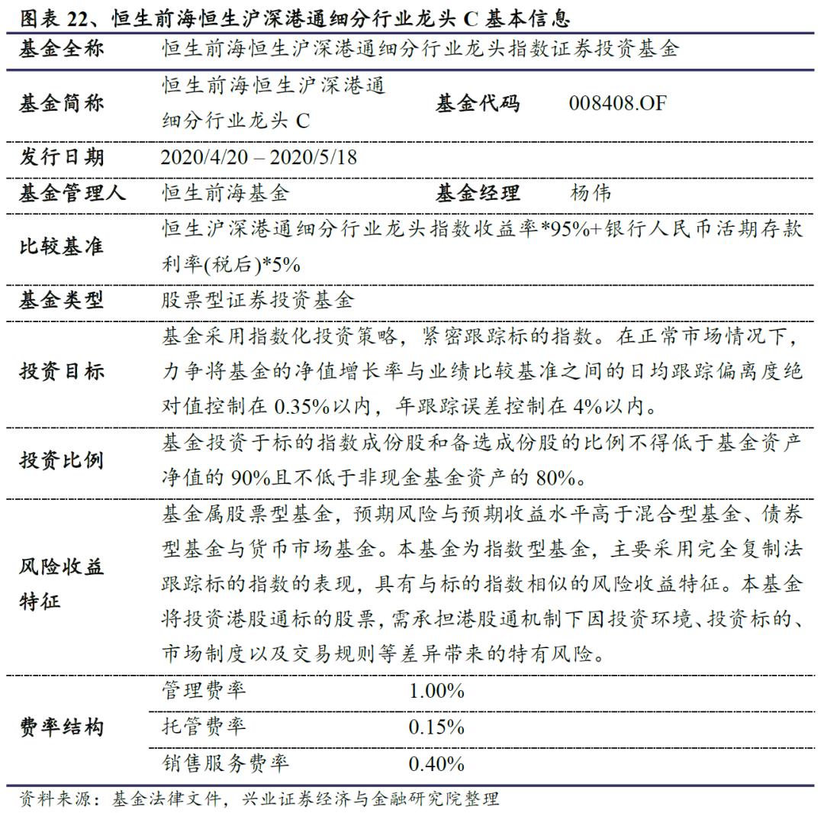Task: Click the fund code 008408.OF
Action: click(617, 102)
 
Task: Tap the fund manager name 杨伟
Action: click(591, 192)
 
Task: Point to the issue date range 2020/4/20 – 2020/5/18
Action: click(259, 157)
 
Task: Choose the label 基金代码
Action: click(478, 102)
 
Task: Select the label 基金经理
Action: click(478, 192)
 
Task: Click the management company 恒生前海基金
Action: click(226, 192)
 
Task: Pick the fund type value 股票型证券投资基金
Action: click(258, 300)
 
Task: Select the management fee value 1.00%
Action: click(436, 692)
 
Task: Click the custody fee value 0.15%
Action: click(436, 728)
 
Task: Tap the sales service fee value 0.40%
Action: click(436, 763)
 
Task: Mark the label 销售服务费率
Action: click(225, 763)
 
